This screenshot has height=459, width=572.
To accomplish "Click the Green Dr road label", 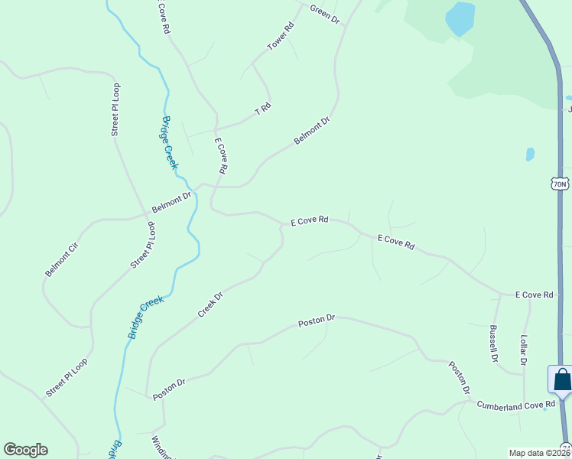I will coord(324,14).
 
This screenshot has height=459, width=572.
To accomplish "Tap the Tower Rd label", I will coord(281,37).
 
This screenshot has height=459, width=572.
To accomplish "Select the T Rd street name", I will coord(262,109).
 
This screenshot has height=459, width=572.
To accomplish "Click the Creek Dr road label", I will coord(210,304).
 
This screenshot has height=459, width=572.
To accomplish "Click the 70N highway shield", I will coord(559,184).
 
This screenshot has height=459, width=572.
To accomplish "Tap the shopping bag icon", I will coord(561,379).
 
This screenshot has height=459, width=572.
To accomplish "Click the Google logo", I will coord(25,450).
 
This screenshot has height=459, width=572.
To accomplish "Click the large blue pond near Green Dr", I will coord(460,18).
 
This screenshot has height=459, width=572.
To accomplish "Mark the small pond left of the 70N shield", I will coord(530,154).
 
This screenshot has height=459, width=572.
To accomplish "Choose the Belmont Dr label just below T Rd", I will coord(312,131).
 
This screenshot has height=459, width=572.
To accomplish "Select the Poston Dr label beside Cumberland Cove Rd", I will coord(459,378).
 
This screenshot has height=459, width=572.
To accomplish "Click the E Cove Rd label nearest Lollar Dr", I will coord(533,295).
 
